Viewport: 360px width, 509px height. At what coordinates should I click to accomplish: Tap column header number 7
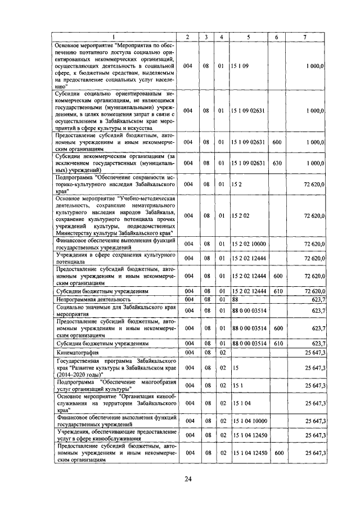[x=304, y=37]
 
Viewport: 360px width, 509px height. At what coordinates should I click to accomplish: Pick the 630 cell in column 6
[x=276, y=163]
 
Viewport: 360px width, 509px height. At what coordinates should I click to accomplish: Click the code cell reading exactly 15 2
[x=236, y=183]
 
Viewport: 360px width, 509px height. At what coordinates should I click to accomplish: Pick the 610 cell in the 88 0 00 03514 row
[x=276, y=343]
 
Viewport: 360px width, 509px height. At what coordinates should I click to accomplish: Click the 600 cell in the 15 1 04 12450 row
[x=276, y=452]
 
